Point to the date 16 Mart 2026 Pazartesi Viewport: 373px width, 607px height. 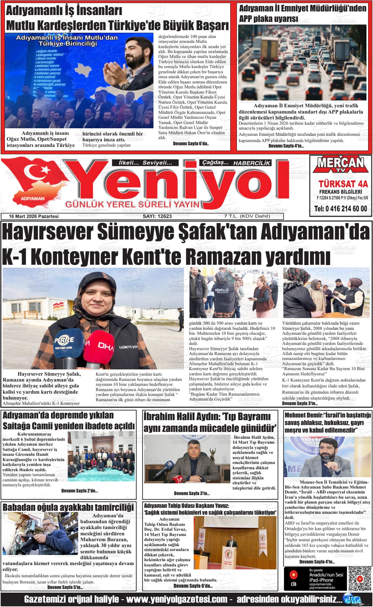pyautogui.click(x=34, y=216)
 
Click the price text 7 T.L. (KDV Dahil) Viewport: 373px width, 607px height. pyautogui.click(x=242, y=216)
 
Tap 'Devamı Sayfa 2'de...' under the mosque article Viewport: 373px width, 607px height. pyautogui.click(x=80, y=491)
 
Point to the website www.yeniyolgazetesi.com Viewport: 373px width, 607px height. pyautogui.click(x=177, y=600)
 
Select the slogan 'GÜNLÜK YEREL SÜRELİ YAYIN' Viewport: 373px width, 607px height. pyautogui.click(x=133, y=205)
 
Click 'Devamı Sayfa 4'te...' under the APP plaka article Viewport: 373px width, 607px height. pyautogui.click(x=286, y=146)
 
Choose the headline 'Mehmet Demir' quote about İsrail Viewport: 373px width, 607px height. pyautogui.click(x=327, y=422)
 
